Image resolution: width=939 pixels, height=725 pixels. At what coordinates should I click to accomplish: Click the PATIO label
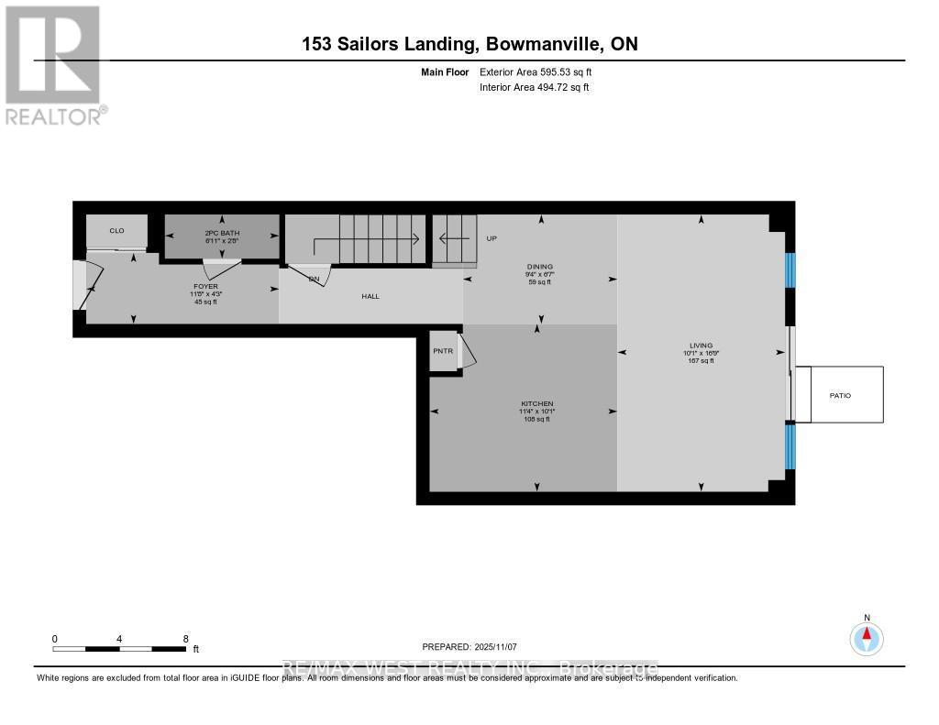pyautogui.click(x=839, y=395)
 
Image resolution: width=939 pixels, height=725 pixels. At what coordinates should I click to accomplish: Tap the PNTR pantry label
pyautogui.click(x=443, y=350)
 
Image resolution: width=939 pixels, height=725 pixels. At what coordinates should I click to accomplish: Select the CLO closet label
pyautogui.click(x=116, y=230)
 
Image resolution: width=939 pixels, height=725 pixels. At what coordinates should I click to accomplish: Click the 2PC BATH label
pyautogui.click(x=222, y=234)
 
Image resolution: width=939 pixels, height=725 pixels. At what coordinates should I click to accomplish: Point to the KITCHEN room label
pyautogui.click(x=536, y=404)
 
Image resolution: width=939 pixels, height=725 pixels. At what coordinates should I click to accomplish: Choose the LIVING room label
pyautogui.click(x=701, y=346)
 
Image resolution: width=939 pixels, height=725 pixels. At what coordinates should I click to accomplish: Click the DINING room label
pyautogui.click(x=539, y=267)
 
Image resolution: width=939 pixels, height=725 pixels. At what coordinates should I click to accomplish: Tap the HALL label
pyautogui.click(x=370, y=296)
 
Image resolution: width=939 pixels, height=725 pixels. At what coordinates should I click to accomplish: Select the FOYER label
pyautogui.click(x=205, y=286)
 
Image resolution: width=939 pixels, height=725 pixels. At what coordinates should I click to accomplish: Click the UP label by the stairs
pyautogui.click(x=492, y=238)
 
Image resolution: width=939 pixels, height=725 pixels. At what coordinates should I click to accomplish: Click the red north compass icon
pyautogui.click(x=867, y=637)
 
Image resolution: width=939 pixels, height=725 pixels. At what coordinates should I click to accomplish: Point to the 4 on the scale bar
pyautogui.click(x=120, y=639)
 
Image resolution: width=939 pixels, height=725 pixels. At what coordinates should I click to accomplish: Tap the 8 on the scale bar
pyautogui.click(x=186, y=639)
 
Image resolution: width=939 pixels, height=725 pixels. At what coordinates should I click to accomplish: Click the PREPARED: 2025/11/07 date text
pyautogui.click(x=469, y=646)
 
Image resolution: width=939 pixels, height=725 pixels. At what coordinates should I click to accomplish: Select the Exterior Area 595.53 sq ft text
pyautogui.click(x=542, y=71)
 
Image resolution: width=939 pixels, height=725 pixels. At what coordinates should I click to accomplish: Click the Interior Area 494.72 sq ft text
pyautogui.click(x=534, y=88)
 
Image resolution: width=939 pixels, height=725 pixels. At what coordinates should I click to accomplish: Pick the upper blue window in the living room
pyautogui.click(x=790, y=269)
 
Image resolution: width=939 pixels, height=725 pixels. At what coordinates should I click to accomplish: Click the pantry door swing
pyautogui.click(x=467, y=352)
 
